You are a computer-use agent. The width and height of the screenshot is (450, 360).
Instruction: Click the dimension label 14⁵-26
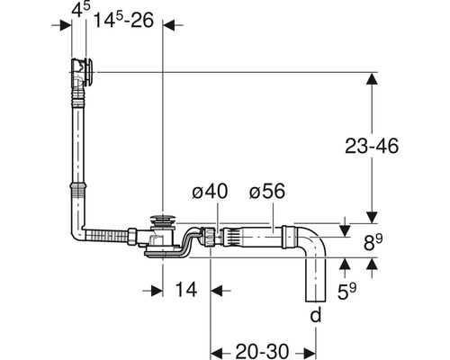[x=122, y=19]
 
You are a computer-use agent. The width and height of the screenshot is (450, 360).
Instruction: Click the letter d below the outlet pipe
[x=315, y=315]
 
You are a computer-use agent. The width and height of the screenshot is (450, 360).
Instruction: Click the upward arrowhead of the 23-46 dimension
[x=371, y=79]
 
